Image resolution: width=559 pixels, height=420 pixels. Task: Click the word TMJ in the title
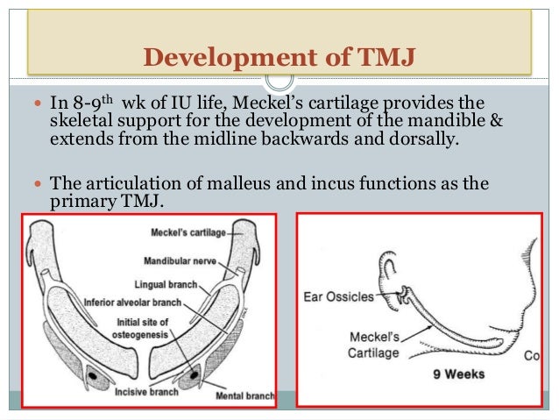click(389, 59)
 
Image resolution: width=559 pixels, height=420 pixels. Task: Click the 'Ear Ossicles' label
click(337, 297)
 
